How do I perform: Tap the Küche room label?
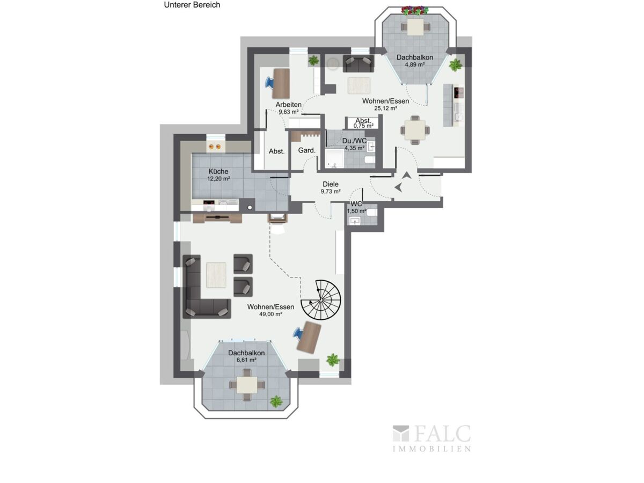click(218, 171)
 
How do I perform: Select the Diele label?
click(331, 184)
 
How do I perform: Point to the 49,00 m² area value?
click(270, 314)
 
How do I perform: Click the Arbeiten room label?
click(288, 105)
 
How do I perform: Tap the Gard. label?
click(306, 150)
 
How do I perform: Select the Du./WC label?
click(354, 141)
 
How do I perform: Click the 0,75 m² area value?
click(363, 126)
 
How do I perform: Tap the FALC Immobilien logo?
click(431, 438)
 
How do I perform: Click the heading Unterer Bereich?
click(192, 5)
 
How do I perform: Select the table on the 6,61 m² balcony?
click(247, 385)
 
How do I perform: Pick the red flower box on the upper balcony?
click(415, 11)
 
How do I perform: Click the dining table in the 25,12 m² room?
click(415, 130)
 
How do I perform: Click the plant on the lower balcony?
click(276, 401)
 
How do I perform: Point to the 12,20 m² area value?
click(218, 179)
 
